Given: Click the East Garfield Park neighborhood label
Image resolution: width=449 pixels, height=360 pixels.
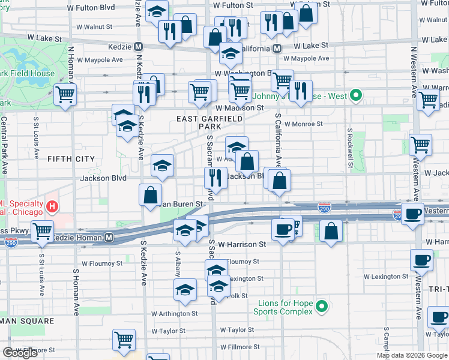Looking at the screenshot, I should [209, 122].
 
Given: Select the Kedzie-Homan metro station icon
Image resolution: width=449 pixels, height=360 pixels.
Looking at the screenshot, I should [109, 238].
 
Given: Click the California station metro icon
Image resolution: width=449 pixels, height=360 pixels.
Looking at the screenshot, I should [277, 48].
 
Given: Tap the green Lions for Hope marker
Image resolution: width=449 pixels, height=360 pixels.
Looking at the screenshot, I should [322, 307].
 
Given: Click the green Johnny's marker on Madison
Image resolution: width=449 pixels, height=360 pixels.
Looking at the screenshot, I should [355, 95].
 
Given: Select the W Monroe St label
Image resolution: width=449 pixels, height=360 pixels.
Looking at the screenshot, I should [304, 124].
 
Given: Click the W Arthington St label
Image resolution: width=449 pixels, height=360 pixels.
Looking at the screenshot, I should [174, 313].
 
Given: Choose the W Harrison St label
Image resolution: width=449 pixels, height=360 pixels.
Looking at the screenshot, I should [242, 244].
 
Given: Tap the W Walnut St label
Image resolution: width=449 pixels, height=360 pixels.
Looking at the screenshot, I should [95, 27].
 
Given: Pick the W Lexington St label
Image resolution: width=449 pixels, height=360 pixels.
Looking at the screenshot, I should [386, 277].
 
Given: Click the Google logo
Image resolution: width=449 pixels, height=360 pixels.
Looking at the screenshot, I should [20, 353].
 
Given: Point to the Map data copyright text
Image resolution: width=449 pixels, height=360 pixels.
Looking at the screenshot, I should [412, 355].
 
